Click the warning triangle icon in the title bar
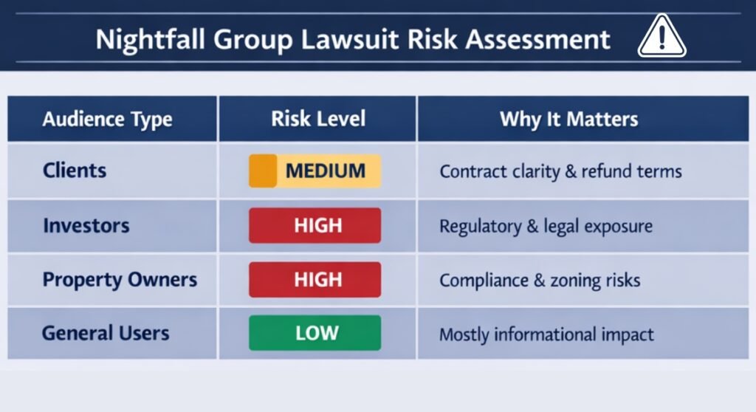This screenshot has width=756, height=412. point(662,36)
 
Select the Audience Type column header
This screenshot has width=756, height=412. point(107,119)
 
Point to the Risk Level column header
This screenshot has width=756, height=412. point(317,119)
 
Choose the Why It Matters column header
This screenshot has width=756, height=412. point(568,119)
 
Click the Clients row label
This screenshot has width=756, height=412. point(75,171)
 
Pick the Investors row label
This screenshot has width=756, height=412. point(86,225)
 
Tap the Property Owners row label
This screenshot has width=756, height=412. point(120,280)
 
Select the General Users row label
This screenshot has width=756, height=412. point(106,333)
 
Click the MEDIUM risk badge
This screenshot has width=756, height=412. point(315,171)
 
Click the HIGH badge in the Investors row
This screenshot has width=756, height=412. point(315,225)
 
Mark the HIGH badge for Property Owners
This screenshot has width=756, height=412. point(315,280)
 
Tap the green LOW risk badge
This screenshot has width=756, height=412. point(315,333)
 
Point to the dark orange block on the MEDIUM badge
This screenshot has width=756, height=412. point(262,171)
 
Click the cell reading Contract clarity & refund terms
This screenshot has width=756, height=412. point(560,171)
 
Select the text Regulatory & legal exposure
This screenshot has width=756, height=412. point(546,226)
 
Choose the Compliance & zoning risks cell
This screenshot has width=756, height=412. point(540,281)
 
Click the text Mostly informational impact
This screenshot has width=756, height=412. point(546,334)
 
